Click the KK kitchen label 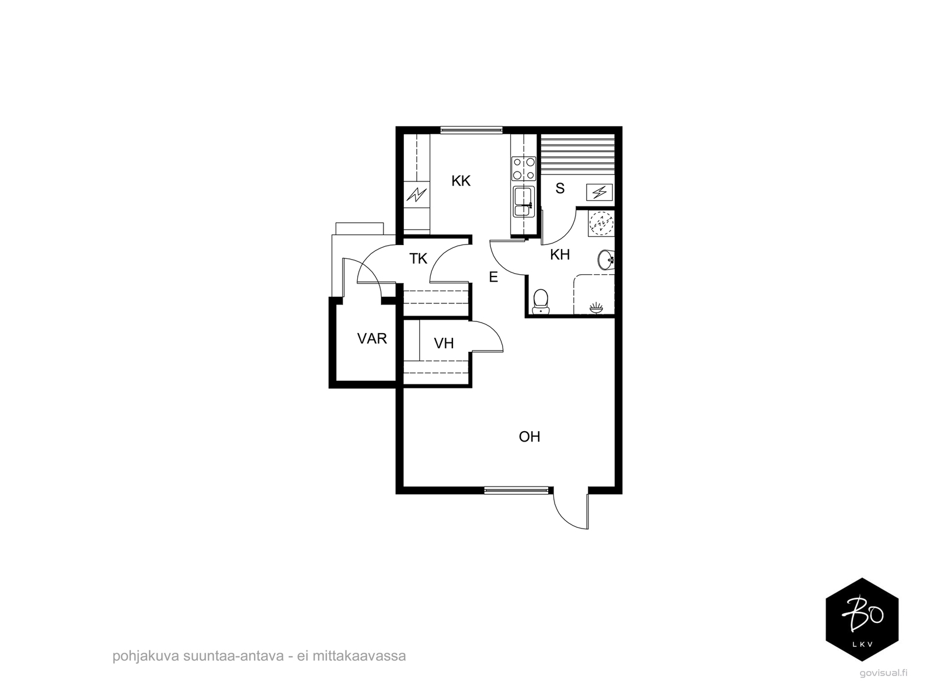coord(461,181)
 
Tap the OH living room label coord(529,436)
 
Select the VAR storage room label coord(372,339)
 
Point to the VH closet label coord(444,344)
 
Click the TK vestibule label coord(419,258)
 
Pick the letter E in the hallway coord(493,277)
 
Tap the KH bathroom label coord(560,254)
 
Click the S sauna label coord(560,188)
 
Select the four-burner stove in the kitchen coord(524,169)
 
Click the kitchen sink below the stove coord(524,201)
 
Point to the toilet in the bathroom coord(541,302)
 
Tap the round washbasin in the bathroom coord(606,259)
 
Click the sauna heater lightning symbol coord(599,192)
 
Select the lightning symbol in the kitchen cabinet coord(417,194)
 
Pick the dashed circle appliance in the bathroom coord(602,223)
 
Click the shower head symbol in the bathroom coord(596,307)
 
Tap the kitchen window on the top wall coord(471,129)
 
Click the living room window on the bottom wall coord(516,490)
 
